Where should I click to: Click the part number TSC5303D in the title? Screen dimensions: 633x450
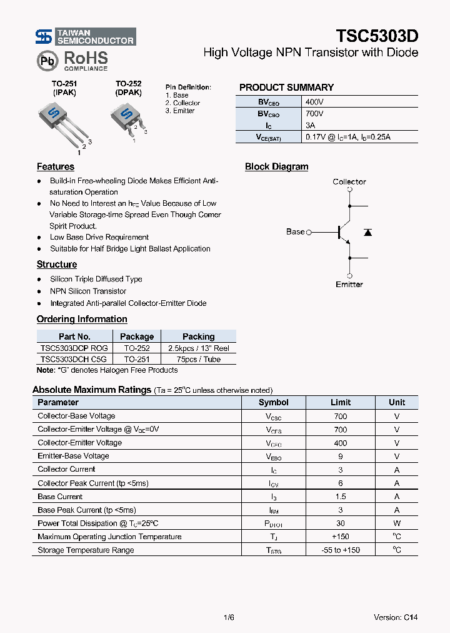(x=377, y=36)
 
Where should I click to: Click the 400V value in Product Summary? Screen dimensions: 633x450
(x=314, y=102)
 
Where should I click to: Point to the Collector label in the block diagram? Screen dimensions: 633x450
(x=349, y=182)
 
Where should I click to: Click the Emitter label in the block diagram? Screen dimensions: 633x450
(x=349, y=285)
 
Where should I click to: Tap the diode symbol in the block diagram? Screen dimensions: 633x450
(x=367, y=232)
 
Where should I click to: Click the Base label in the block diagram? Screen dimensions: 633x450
(x=295, y=231)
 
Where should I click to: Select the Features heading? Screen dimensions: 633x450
(x=56, y=167)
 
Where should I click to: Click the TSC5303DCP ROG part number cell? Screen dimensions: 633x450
(x=74, y=348)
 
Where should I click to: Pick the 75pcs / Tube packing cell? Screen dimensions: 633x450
(x=198, y=359)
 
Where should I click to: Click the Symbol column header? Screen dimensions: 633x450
(x=273, y=402)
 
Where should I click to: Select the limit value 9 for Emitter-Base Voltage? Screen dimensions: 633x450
(x=340, y=456)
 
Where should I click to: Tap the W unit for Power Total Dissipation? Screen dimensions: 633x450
(x=396, y=523)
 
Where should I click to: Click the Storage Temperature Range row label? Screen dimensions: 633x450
(x=86, y=550)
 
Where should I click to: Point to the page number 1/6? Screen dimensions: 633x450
(x=228, y=617)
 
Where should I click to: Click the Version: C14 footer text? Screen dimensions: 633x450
(x=395, y=617)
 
